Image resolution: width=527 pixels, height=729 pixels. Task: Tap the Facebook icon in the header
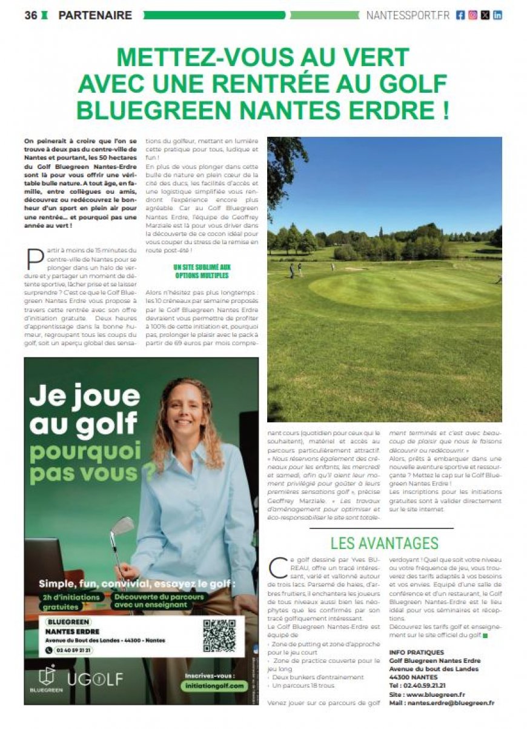click(x=460, y=16)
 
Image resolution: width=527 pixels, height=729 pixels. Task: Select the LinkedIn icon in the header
click(x=497, y=16)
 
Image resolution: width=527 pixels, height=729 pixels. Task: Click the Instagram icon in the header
click(x=472, y=16)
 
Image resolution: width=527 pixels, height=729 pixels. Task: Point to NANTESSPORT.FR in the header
click(x=408, y=16)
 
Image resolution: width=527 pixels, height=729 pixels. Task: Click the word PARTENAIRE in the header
click(x=95, y=16)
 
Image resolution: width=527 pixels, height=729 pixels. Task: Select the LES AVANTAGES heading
click(x=384, y=542)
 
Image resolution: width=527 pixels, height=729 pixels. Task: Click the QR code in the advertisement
click(x=219, y=635)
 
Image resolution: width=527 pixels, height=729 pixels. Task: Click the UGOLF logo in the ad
click(x=95, y=679)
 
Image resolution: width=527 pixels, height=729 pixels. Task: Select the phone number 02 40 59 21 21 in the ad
click(x=70, y=650)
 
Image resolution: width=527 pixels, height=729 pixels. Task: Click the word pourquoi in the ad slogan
click(x=85, y=451)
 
